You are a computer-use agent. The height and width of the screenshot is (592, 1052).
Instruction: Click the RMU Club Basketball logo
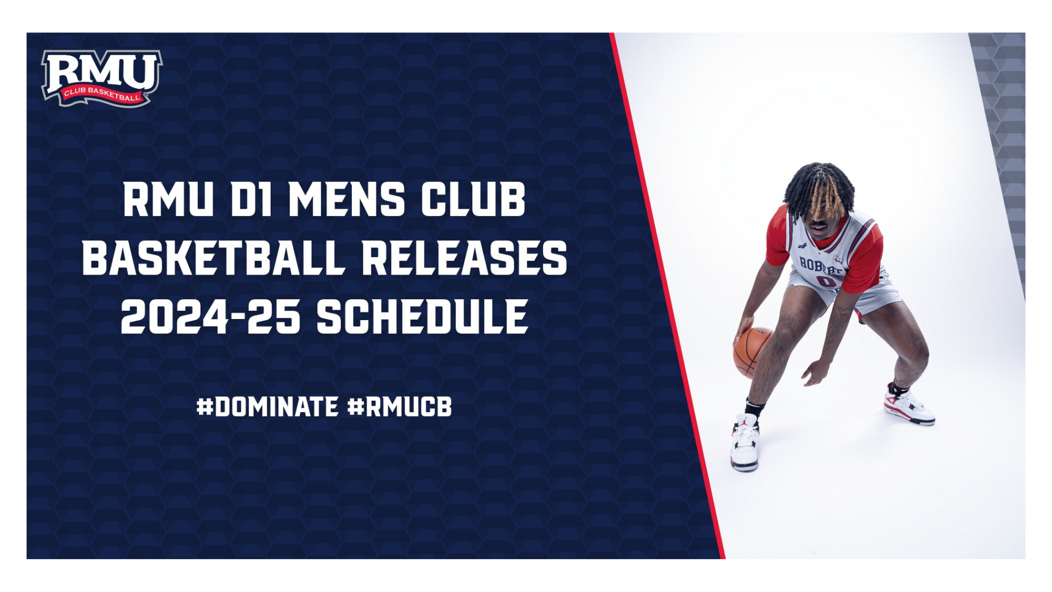[101, 78]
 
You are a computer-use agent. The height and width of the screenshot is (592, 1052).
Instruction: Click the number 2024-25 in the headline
[210, 317]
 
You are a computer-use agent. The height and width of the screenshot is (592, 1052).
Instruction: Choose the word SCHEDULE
[422, 317]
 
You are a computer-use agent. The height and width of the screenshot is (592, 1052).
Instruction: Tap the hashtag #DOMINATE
[267, 407]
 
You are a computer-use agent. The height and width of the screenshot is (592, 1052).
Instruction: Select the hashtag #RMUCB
[399, 407]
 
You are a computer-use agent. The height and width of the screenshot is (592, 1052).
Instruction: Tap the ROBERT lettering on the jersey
[820, 265]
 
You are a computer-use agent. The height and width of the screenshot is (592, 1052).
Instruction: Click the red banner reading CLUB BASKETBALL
[101, 94]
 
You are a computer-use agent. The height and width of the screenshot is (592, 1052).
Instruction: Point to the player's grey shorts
[844, 293]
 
